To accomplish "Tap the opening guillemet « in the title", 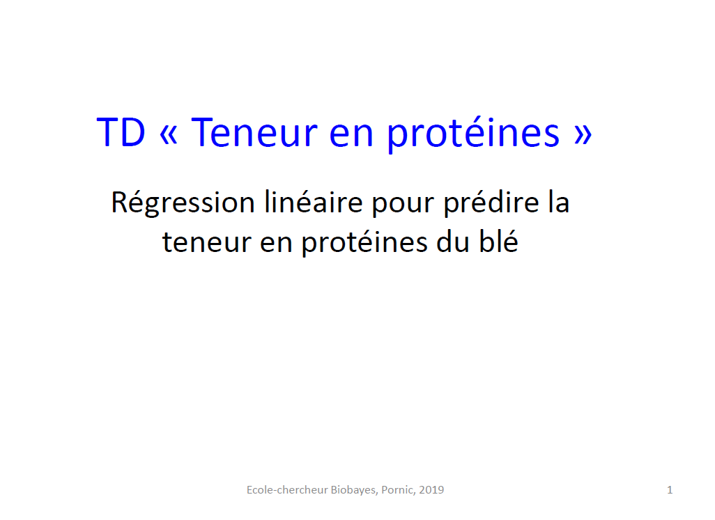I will (169, 134).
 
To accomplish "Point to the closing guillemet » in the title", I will (583, 134).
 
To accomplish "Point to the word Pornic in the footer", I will (398, 490).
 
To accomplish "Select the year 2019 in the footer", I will (431, 490).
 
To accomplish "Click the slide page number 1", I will (670, 490).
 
